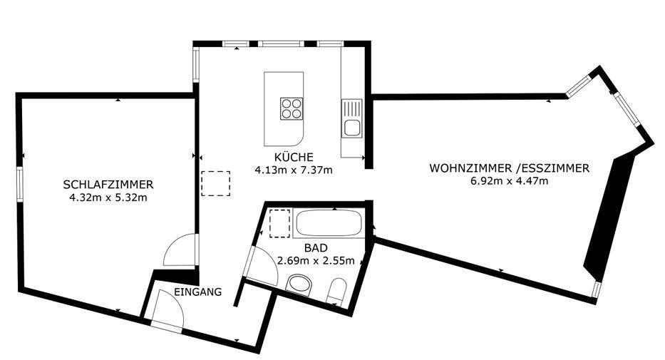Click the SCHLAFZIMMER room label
[x=108, y=185]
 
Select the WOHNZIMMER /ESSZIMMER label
[x=510, y=168]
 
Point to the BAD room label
[x=316, y=247]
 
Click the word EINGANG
[x=198, y=292]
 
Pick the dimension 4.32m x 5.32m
[x=108, y=197]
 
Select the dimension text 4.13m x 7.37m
[x=294, y=170]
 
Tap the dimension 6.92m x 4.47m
[x=510, y=181]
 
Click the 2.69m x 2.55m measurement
[x=316, y=260]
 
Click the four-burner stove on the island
[x=292, y=108]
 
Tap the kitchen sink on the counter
[x=352, y=119]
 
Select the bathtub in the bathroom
[x=329, y=223]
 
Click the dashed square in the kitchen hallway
[x=216, y=184]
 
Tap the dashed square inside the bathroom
[x=280, y=223]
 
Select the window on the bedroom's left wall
[x=19, y=184]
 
